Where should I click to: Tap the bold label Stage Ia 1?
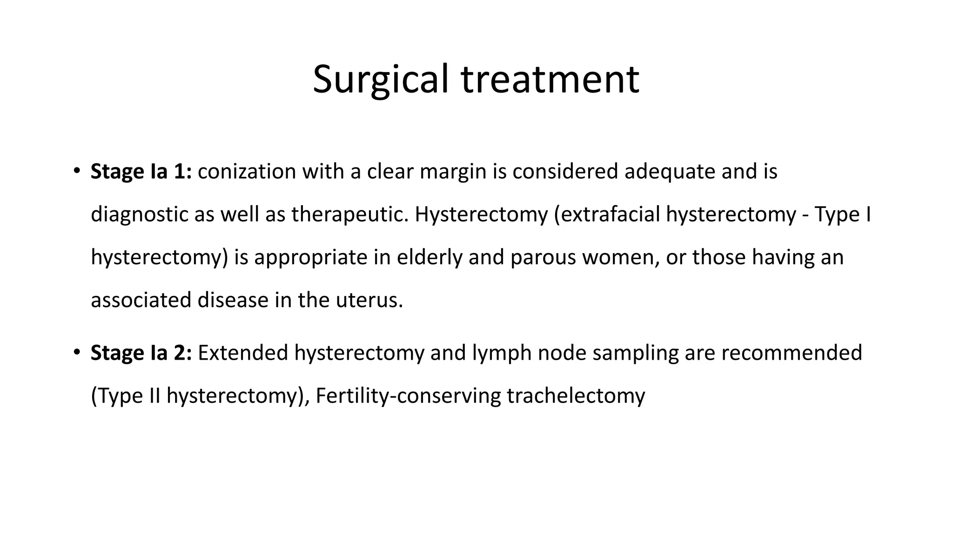click(x=141, y=171)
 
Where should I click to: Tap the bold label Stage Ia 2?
click(x=141, y=353)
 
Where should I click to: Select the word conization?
click(x=247, y=171)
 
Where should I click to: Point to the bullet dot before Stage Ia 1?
click(x=77, y=170)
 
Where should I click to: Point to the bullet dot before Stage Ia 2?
click(x=77, y=352)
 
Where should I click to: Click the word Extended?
click(x=243, y=353)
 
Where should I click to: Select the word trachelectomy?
click(x=576, y=396)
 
